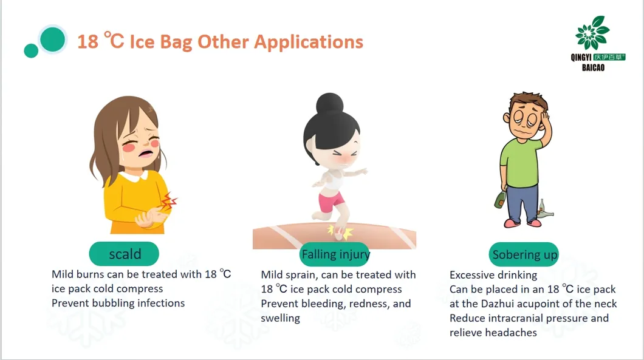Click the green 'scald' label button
(124, 254)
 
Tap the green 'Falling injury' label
(335, 254)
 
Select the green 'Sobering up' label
(524, 254)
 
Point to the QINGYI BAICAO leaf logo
(592, 33)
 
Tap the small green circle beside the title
(31, 50)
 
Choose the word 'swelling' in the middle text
(280, 318)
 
